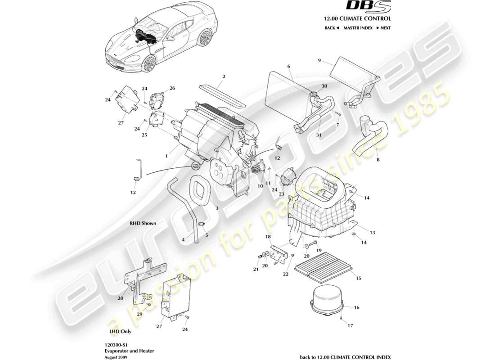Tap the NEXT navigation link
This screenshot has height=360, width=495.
click(x=383, y=28)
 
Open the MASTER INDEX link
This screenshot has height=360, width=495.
click(x=358, y=28)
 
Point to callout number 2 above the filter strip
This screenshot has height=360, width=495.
click(x=224, y=76)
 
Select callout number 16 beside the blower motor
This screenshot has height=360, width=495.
click(x=357, y=308)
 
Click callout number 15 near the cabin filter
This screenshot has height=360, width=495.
click(x=358, y=279)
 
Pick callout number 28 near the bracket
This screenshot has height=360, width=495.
click(x=121, y=298)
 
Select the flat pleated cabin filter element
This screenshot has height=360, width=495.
click(x=322, y=264)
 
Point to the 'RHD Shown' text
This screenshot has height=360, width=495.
click(x=142, y=223)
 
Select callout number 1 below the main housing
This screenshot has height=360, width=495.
click(x=166, y=156)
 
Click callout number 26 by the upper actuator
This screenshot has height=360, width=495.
click(x=172, y=88)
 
